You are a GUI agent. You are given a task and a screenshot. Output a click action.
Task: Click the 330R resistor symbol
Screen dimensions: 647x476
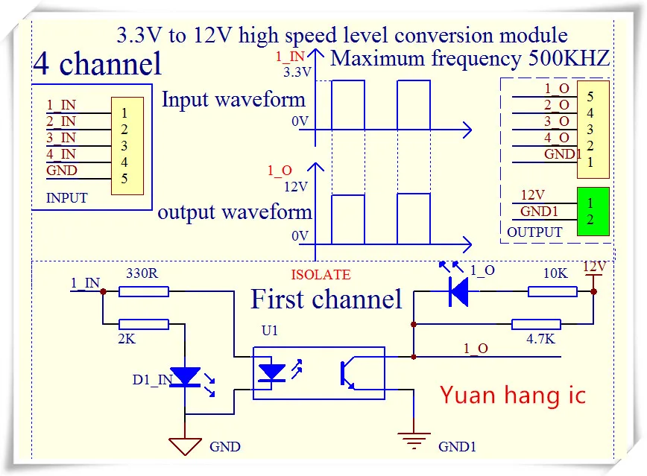(x=144, y=291)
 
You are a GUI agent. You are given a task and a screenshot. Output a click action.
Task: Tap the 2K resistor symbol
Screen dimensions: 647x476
(x=144, y=324)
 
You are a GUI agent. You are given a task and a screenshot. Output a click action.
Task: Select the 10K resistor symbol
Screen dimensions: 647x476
(x=552, y=291)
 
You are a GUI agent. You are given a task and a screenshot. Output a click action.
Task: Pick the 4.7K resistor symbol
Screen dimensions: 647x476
(x=536, y=324)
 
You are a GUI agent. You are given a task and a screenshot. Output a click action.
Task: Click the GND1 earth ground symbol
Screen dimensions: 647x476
(x=414, y=440)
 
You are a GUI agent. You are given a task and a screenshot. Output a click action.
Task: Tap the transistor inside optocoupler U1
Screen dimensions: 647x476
(x=347, y=374)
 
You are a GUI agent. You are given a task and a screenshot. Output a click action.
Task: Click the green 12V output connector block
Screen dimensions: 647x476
(x=593, y=212)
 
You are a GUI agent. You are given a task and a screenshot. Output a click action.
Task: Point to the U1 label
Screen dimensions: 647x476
(x=269, y=331)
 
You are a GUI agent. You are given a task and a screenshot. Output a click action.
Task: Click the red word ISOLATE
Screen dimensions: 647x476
(x=321, y=275)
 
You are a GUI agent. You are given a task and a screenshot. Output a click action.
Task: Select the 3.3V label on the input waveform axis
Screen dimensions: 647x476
(x=297, y=72)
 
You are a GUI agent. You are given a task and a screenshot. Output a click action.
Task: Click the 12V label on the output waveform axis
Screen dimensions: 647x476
(x=295, y=187)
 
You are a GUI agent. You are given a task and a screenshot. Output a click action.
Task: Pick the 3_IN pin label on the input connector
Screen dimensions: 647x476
(x=61, y=137)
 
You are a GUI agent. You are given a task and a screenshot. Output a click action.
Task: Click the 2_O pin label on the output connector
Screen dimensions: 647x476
(x=557, y=105)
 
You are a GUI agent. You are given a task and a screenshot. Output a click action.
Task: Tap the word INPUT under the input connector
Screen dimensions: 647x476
(x=67, y=198)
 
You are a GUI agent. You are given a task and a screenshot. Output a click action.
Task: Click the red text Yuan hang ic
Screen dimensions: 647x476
(x=513, y=396)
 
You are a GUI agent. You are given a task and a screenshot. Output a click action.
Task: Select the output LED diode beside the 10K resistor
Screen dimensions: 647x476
(x=458, y=291)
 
